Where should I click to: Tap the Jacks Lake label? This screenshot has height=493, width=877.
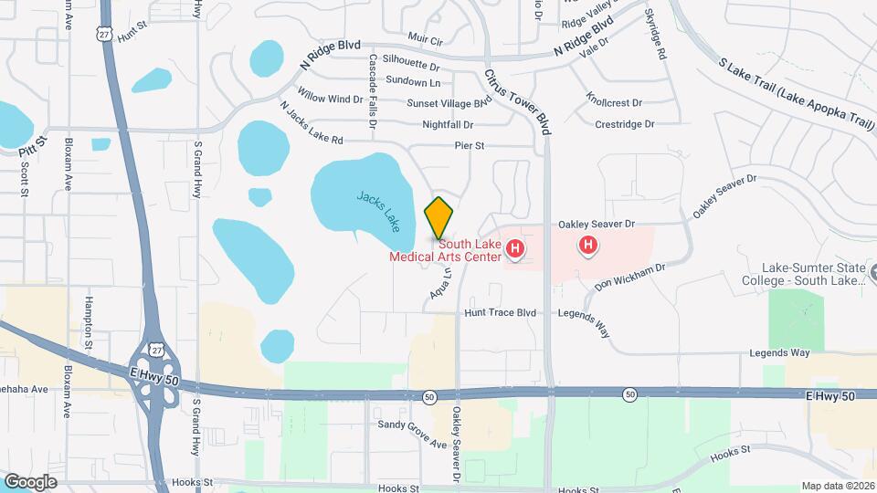point(379,209)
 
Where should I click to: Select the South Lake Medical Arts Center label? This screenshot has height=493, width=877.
point(446,250)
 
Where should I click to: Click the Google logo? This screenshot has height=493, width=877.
point(30,481)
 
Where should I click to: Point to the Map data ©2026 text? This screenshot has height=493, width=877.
point(837,486)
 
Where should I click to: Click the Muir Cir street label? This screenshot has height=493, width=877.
point(425,41)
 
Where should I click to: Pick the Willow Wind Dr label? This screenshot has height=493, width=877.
point(331,99)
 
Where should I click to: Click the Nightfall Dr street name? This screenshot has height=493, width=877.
point(448,124)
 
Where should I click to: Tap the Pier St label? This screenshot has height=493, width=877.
point(469,145)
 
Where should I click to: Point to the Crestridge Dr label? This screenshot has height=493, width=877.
point(625,123)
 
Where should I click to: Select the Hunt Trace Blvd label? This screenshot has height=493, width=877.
point(500,312)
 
